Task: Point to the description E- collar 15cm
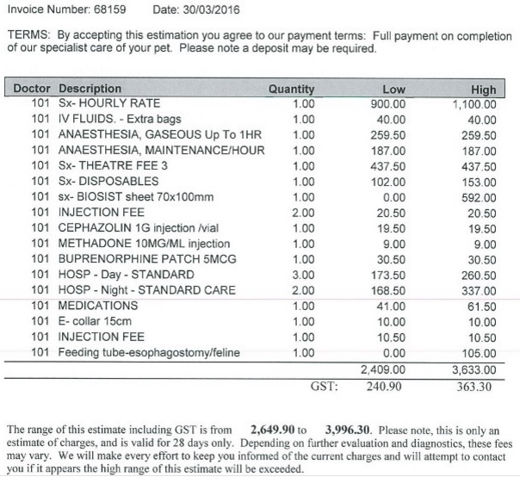pyautogui.click(x=100, y=321)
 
